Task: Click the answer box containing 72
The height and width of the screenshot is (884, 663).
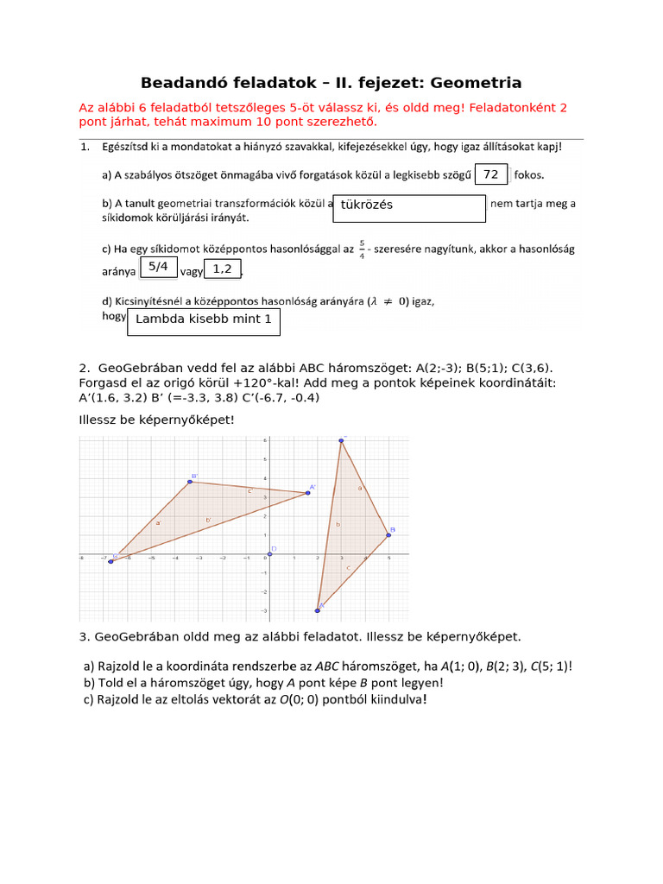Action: coord(491,174)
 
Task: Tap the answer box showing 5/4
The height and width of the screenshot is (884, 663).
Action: coord(157,268)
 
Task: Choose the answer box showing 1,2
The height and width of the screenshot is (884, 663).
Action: coord(223,269)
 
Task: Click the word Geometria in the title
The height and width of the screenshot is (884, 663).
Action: coord(476,83)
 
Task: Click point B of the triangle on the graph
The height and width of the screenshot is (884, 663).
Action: coord(388,535)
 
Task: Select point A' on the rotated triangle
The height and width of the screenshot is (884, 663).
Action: coord(307,493)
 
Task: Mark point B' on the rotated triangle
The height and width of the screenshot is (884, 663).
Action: coord(191,482)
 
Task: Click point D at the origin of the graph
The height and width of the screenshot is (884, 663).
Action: coord(269,553)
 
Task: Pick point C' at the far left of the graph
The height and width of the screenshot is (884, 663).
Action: coord(111,561)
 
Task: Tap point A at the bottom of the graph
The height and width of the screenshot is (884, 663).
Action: coord(318,610)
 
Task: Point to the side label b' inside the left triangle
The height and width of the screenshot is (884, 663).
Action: coord(208,519)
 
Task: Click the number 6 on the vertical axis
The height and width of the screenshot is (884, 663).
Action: coord(264,441)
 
